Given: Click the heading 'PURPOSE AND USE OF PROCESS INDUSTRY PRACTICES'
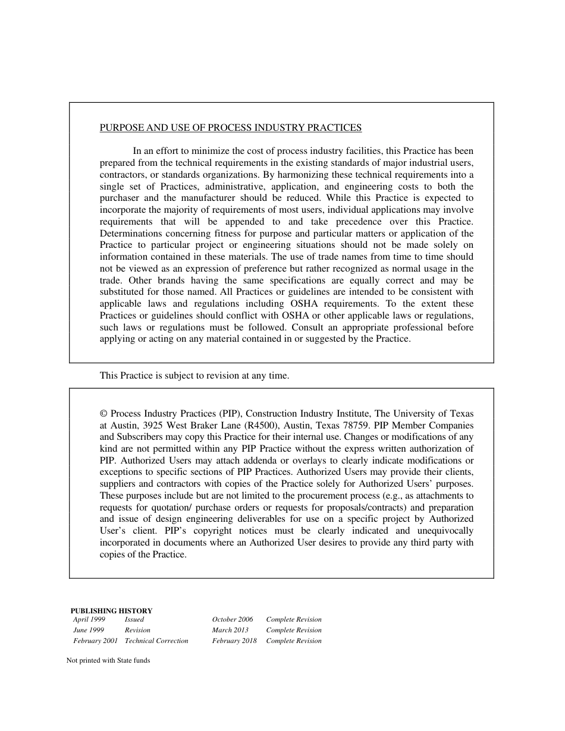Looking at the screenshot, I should click(x=231, y=128).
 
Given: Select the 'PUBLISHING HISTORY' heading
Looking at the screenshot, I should click(x=111, y=610).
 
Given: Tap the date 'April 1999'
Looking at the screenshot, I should click(x=89, y=619).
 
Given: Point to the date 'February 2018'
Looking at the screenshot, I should click(x=234, y=641).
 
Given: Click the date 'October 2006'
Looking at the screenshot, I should click(x=233, y=619).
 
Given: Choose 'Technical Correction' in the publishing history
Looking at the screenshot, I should click(x=156, y=641).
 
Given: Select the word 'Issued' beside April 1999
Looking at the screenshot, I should click(x=134, y=619).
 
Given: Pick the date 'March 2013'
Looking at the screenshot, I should click(x=231, y=630).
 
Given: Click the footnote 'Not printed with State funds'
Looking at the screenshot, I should click(x=108, y=660).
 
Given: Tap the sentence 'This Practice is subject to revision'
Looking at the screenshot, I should click(x=194, y=376).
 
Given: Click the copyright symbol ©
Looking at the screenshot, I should click(x=103, y=414).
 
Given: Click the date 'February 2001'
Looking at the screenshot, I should click(x=96, y=641).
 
